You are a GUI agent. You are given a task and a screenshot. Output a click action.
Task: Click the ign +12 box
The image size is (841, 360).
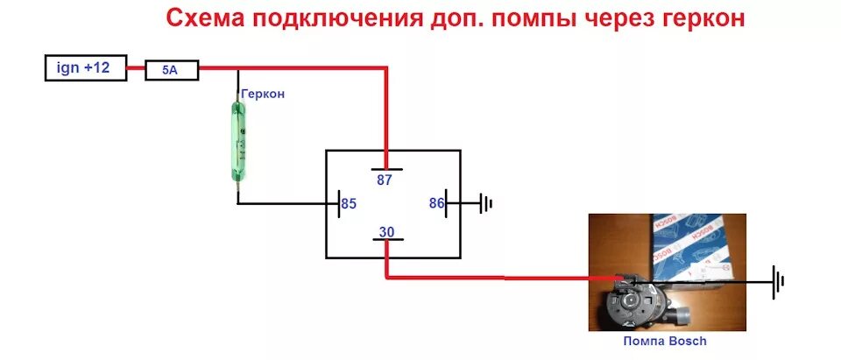(84, 67)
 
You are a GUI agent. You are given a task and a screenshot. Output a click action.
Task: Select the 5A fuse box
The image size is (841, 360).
(172, 70)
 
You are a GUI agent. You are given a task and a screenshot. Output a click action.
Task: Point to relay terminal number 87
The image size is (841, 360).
(385, 180)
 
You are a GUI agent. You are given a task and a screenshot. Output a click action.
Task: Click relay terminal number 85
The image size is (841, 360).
(349, 204)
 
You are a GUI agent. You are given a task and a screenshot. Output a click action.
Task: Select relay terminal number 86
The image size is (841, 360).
(436, 203)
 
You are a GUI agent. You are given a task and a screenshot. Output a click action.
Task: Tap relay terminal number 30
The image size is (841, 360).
(385, 233)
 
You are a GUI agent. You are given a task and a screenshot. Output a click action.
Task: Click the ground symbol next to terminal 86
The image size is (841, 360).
(486, 204)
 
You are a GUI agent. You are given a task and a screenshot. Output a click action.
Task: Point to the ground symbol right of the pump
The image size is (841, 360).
(777, 281)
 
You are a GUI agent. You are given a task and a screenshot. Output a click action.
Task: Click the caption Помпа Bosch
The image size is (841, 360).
(664, 342)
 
